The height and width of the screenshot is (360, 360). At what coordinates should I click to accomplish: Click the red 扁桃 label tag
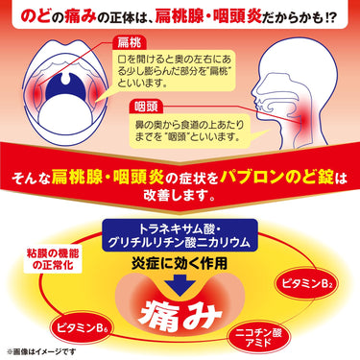pyautogui.click(x=129, y=42)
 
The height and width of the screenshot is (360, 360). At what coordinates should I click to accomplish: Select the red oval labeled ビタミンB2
pyautogui.click(x=305, y=283)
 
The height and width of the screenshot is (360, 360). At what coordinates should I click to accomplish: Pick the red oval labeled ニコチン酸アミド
pyautogui.click(x=258, y=338)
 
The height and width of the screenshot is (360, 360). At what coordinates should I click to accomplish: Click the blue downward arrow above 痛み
pyautogui.click(x=180, y=284)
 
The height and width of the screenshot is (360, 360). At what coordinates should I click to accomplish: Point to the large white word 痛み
pyautogui.click(x=180, y=314)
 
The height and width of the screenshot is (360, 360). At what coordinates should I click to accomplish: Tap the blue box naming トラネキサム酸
pyautogui.click(x=180, y=235)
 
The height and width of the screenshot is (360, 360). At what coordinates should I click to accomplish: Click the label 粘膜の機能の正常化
pyautogui.click(x=53, y=259)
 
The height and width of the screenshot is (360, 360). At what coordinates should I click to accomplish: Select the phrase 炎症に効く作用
pyautogui.click(x=180, y=263)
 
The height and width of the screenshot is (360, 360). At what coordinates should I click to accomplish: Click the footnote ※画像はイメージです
pyautogui.click(x=41, y=351)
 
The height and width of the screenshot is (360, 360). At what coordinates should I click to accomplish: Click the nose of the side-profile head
pyautogui.click(x=256, y=95)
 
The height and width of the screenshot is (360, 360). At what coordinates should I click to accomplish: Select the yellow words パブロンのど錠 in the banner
pyautogui.click(x=276, y=177)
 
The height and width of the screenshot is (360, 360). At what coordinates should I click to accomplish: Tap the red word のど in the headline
pyautogui.click(x=36, y=17)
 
